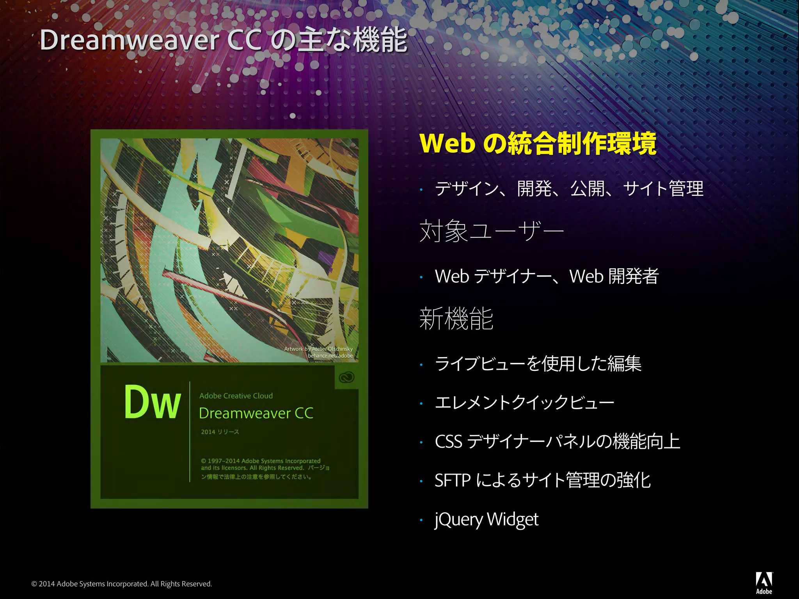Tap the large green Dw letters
[x=153, y=402]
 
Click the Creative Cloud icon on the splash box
[x=346, y=377]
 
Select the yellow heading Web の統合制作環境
[x=538, y=144]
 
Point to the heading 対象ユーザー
[x=492, y=231]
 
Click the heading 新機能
[x=456, y=318]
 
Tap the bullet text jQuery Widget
[x=487, y=519]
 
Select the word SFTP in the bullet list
[x=453, y=480]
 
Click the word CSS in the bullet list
[x=448, y=441]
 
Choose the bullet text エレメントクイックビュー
[x=524, y=402]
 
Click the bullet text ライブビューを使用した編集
[x=538, y=363]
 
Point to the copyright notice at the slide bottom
[x=122, y=584]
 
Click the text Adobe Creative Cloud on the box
[x=236, y=396]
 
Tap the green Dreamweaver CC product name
[x=256, y=413]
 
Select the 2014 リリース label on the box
[x=220, y=432]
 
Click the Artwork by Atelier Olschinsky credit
[x=318, y=349]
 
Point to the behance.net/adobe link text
[x=330, y=356]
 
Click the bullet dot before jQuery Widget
[x=421, y=520]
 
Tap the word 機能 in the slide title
[x=380, y=40]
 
